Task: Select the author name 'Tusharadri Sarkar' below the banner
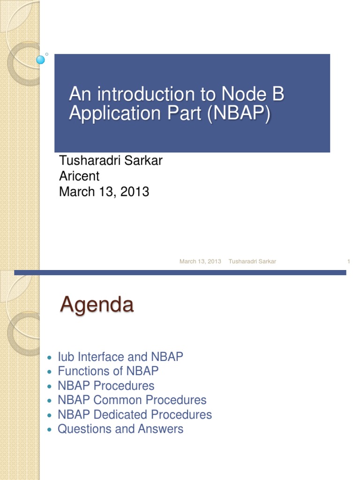point(111,161)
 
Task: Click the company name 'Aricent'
point(79,176)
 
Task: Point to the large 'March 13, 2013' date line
point(104,192)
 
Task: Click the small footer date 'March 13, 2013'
point(200,262)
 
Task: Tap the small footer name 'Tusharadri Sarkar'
point(252,262)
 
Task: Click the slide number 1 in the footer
point(349,262)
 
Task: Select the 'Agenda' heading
point(97,305)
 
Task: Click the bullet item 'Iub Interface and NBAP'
point(120,357)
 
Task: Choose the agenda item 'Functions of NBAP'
point(108,371)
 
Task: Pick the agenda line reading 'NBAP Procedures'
point(106,386)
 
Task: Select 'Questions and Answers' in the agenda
point(120,429)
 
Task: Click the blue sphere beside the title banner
point(41,60)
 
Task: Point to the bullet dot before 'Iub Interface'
point(51,358)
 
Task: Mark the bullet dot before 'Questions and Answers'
point(51,430)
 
